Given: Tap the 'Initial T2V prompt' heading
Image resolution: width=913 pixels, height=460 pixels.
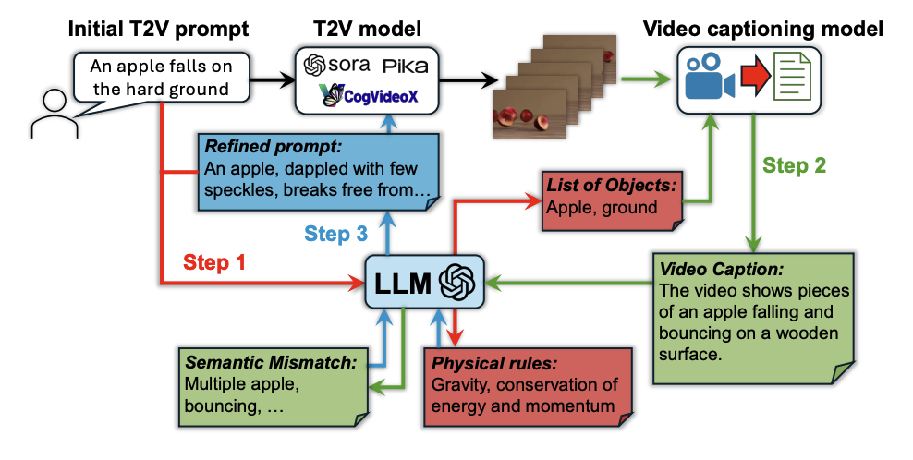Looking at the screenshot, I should (158, 28).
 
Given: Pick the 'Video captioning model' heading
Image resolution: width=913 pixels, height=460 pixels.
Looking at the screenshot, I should (761, 28).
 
